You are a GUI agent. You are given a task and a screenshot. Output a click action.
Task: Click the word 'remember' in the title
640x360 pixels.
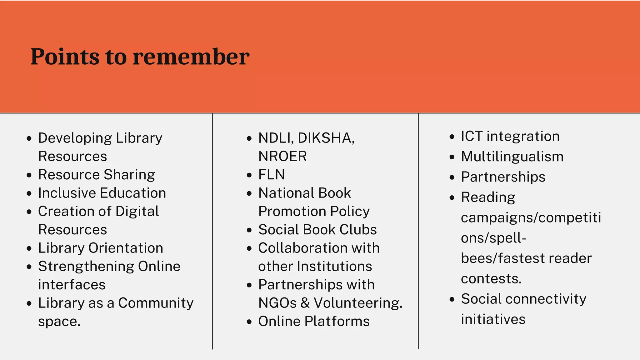coord(191,57)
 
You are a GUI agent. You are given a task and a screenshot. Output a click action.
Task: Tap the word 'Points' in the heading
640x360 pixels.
coord(65,57)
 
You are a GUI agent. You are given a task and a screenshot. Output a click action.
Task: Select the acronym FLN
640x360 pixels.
coord(272,175)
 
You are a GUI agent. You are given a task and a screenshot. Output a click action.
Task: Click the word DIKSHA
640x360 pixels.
coord(326,138)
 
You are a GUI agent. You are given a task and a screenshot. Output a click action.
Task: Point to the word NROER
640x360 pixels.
coord(282,156)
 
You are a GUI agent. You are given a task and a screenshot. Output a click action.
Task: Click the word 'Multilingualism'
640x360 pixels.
coord(512,157)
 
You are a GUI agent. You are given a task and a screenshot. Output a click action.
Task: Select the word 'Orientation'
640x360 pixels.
coord(126,248)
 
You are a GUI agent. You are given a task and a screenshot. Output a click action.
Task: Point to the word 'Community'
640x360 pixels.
coord(156,303)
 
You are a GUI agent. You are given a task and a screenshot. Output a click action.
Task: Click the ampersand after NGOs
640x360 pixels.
coord(305,303)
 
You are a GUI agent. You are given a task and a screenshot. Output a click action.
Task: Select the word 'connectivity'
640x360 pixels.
coord(546,299)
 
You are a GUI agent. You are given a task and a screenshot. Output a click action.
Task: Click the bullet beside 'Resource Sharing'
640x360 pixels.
coord(29,175)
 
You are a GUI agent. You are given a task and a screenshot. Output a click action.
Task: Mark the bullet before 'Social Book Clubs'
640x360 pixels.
coord(249,230)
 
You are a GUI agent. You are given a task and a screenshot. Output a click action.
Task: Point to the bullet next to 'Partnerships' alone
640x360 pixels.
coord(452,177)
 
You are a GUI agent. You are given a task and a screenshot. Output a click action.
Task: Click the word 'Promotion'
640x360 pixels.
coord(292,212)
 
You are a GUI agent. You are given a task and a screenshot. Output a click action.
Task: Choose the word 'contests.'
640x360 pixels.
coord(491,279)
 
